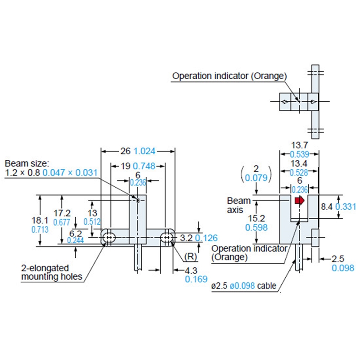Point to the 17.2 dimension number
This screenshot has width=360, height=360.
click(62, 212)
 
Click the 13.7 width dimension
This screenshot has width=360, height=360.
click(299, 144)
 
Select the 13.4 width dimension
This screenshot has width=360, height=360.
click(299, 164)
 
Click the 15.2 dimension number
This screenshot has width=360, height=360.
click(256, 218)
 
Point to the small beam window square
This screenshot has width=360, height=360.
click(138, 200)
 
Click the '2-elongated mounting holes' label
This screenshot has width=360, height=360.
click(51, 272)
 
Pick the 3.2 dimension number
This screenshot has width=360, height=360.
click(186, 237)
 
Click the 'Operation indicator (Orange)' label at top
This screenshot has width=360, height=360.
click(229, 76)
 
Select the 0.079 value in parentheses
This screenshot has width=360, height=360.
click(256, 178)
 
